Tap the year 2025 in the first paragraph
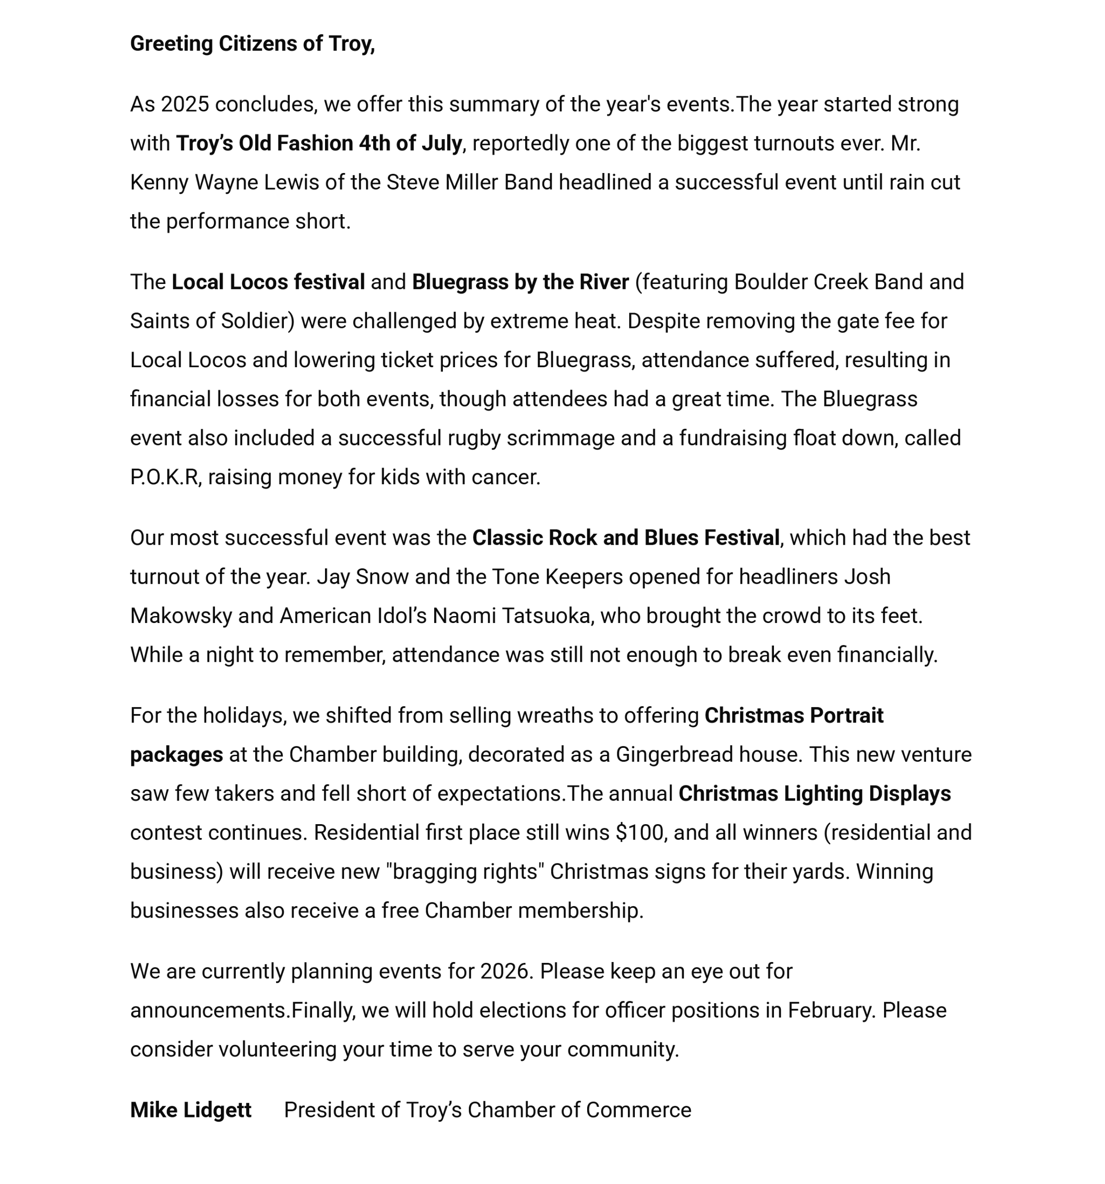click(x=184, y=104)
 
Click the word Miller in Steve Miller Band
click(x=471, y=182)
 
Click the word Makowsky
click(x=181, y=616)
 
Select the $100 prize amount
click(x=639, y=832)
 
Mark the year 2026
click(x=505, y=971)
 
